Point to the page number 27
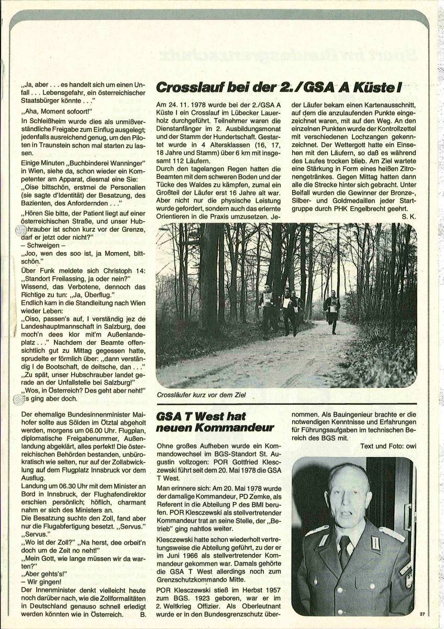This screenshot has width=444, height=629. tap(423, 613)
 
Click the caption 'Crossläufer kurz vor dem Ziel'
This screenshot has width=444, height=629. tap(202, 394)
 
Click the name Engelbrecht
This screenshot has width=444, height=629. tap(378, 207)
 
